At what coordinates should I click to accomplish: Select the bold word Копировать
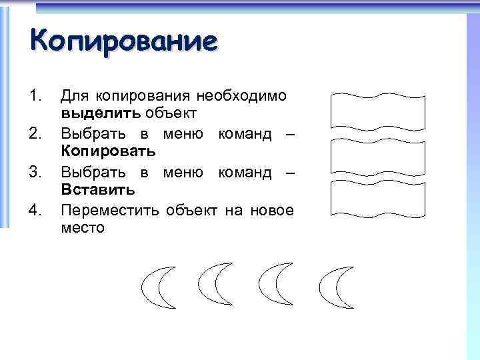(x=108, y=151)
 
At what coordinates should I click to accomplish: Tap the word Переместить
(x=109, y=211)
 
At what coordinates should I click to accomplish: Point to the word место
(x=83, y=228)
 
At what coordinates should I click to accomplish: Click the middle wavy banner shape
(x=377, y=157)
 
